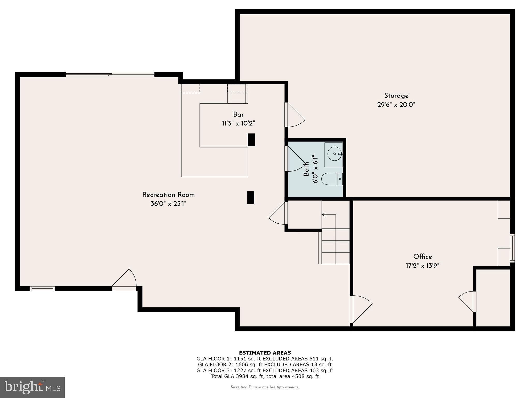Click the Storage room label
pyautogui.click(x=396, y=96)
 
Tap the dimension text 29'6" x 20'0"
pyautogui.click(x=396, y=105)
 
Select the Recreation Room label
pyautogui.click(x=168, y=195)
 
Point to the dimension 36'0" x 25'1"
pyautogui.click(x=168, y=204)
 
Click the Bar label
pyautogui.click(x=238, y=115)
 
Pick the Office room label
pyautogui.click(x=422, y=257)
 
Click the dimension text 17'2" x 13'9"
pyautogui.click(x=422, y=266)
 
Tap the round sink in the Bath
pyautogui.click(x=334, y=154)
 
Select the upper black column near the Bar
pyautogui.click(x=251, y=140)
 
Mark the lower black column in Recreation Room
pyautogui.click(x=251, y=197)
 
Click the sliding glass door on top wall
pyautogui.click(x=110, y=75)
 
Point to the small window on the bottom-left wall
pyautogui.click(x=42, y=288)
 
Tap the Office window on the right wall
pyautogui.click(x=512, y=248)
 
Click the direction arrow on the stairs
pyautogui.click(x=324, y=215)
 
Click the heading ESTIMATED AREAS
pyautogui.click(x=265, y=353)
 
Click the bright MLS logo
pyautogui.click(x=32, y=387)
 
